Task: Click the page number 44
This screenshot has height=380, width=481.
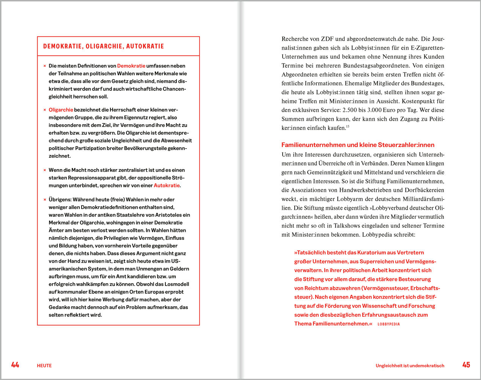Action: click(15, 365)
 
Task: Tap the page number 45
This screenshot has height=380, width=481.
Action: click(466, 365)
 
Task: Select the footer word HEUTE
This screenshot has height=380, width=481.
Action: click(44, 366)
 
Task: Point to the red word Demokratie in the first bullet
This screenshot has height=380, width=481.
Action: click(131, 66)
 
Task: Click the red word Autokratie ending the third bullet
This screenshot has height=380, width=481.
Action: click(167, 185)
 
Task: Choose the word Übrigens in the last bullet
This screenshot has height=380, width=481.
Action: click(60, 199)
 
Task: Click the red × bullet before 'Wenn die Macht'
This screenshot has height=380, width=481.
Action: click(45, 170)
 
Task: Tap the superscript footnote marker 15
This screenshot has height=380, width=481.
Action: click(347, 127)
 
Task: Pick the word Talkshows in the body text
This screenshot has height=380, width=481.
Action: click(346, 226)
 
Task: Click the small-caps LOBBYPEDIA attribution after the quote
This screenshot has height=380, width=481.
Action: click(388, 324)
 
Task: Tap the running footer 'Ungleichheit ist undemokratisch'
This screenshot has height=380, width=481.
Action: click(410, 366)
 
